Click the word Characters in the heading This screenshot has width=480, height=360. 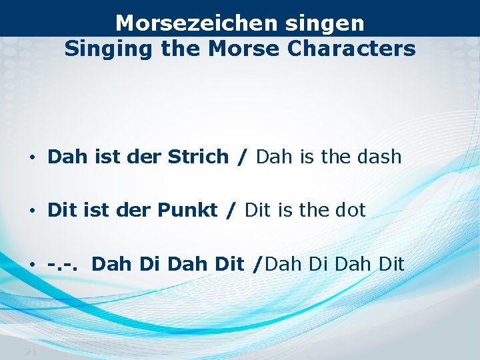pos(361,49)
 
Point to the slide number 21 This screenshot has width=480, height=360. pos(31,351)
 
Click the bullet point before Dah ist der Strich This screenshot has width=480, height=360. pos(32,158)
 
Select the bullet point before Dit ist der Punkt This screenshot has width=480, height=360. pos(32,211)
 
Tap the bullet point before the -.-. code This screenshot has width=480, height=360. pos(32,265)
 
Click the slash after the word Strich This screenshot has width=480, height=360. pos(242,158)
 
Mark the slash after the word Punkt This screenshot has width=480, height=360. pos(231,211)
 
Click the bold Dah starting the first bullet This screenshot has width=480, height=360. pos(63,157)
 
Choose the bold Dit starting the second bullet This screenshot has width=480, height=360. pos(60,211)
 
